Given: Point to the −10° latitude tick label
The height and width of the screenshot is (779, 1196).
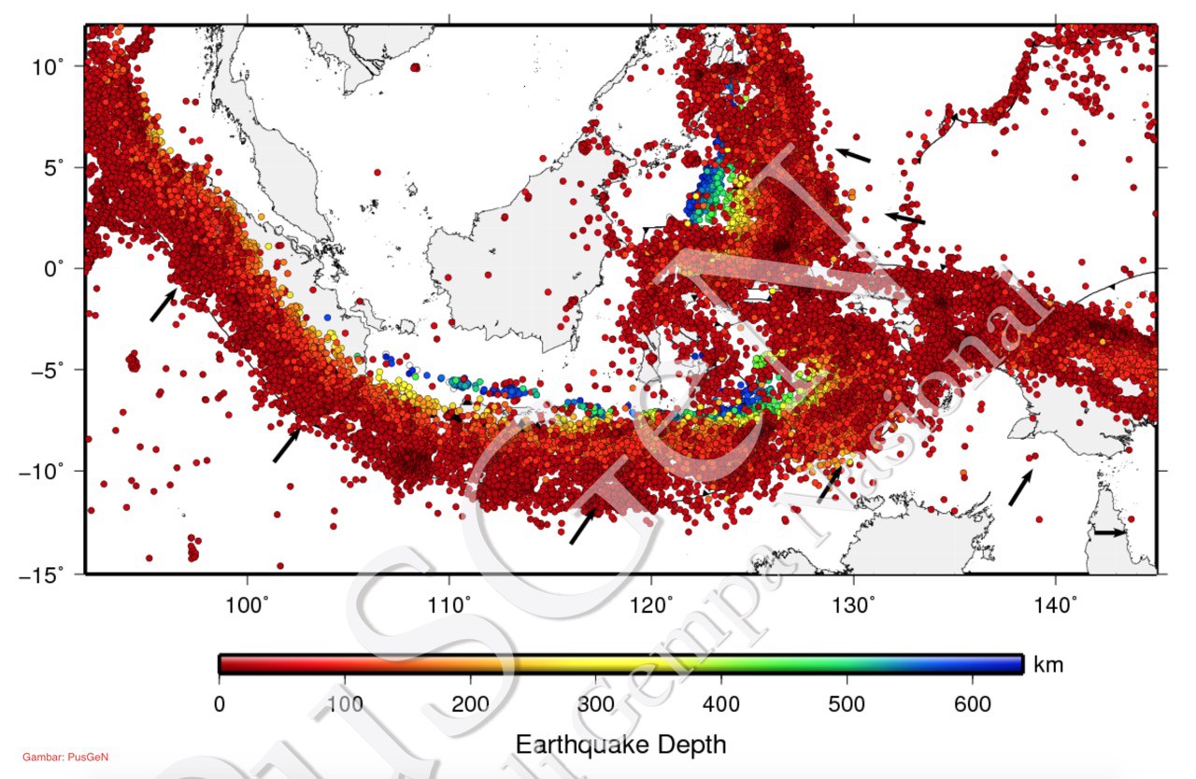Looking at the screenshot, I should [39, 471].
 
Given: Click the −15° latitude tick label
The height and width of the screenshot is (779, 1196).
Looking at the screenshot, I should [39, 572].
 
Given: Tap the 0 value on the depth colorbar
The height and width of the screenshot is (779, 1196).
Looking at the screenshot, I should [219, 702].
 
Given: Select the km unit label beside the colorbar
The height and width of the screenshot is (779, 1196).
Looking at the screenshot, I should [1048, 665].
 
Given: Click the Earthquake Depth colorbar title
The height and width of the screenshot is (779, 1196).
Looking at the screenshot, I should [620, 744].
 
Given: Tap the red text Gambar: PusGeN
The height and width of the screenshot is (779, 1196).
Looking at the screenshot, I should [65, 757].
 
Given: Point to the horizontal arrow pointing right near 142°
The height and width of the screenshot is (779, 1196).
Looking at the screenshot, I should [1111, 532].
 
